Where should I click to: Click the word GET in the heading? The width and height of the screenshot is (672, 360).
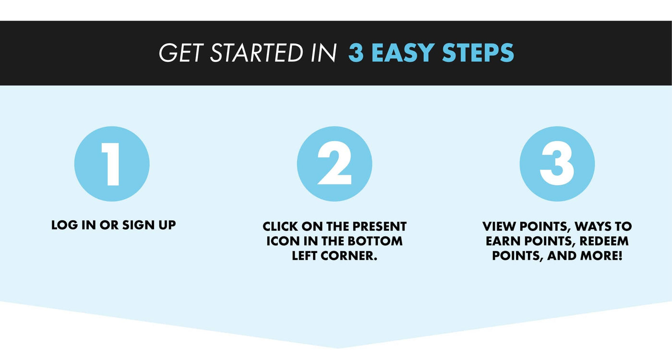[181, 53]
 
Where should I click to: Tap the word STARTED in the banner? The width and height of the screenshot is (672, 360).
[256, 53]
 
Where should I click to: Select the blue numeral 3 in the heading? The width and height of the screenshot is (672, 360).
[356, 53]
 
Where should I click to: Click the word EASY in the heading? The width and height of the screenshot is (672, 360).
[403, 53]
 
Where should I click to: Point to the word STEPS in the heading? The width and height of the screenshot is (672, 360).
[478, 53]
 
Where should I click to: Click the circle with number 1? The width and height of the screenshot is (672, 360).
[112, 164]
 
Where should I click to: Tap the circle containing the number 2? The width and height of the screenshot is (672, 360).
[335, 164]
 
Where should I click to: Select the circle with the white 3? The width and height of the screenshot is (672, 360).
[557, 164]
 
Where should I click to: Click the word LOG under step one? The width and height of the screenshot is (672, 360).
[64, 225]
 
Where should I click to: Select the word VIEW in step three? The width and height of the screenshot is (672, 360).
[499, 227]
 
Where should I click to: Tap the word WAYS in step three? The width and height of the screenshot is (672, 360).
[593, 227]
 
